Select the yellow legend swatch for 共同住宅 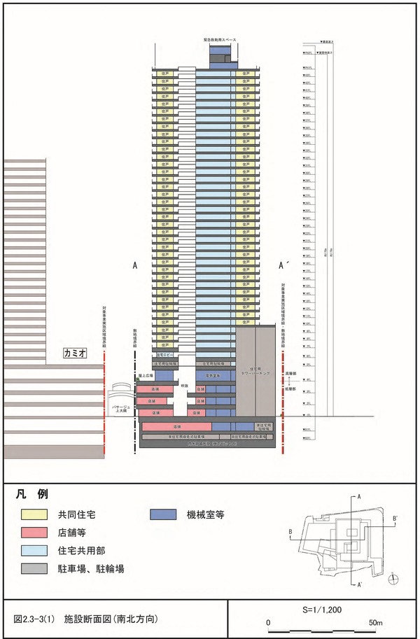(34, 515)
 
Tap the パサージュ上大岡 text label (115, 408)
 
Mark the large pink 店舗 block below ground (177, 425)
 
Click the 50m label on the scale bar (376, 623)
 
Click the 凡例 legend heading (31, 494)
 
